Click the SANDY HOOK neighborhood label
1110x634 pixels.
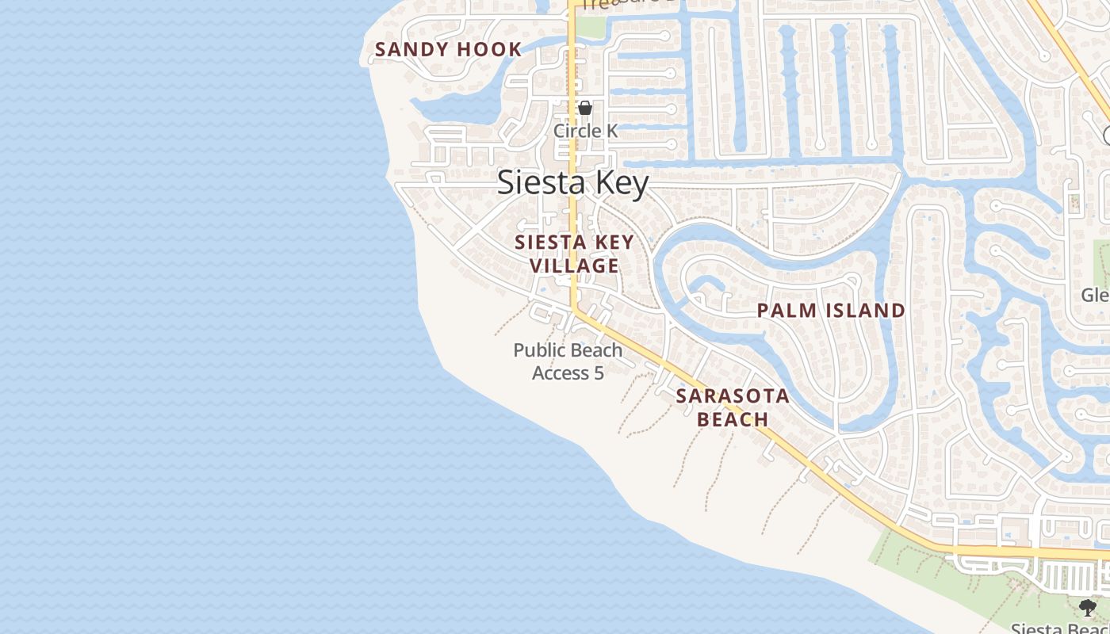[448, 49]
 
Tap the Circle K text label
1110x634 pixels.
[585, 131]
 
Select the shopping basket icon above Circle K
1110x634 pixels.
[585, 109]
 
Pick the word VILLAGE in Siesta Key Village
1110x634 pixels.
[575, 265]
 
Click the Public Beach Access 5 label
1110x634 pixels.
[568, 361]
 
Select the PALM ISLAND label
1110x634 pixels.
[831, 311]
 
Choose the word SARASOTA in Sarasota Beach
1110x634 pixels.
[733, 396]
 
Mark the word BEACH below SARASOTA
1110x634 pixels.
[733, 419]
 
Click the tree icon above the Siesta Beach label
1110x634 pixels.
[1087, 608]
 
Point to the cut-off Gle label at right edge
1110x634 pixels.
[1096, 296]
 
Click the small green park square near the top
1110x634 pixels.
[589, 27]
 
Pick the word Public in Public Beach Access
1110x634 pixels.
[540, 350]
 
